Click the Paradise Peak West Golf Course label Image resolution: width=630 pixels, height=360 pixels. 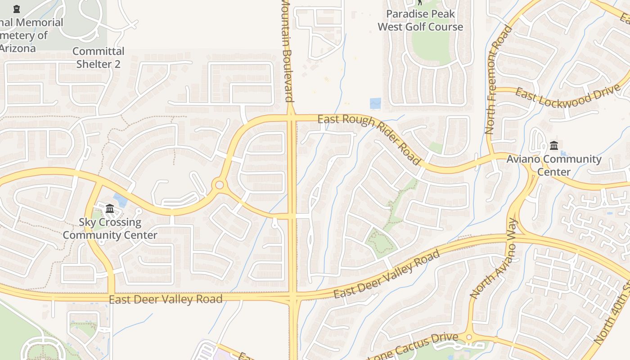[x=420, y=20]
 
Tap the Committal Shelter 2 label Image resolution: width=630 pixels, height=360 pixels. [x=98, y=58]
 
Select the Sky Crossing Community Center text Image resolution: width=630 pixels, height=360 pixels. [x=110, y=229]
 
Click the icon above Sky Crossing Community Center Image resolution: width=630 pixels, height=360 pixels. [x=110, y=208]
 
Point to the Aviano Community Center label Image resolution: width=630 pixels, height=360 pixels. [x=554, y=165]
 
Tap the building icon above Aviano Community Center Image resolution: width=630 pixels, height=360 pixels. [x=554, y=145]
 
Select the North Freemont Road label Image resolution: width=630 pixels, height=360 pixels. [x=498, y=80]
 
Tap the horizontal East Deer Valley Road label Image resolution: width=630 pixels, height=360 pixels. [x=166, y=299]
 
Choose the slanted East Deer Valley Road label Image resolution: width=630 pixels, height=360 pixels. [x=387, y=274]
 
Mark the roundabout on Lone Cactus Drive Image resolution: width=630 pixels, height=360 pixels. [x=469, y=337]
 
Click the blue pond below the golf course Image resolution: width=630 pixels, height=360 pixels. [x=375, y=103]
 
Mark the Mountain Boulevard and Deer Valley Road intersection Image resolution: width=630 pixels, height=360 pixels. [x=292, y=297]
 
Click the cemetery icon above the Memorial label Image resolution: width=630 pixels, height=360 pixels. [x=17, y=9]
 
